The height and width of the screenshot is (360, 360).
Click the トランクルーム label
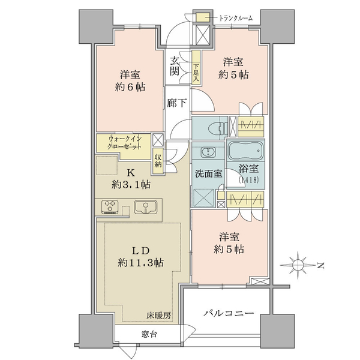(236, 18)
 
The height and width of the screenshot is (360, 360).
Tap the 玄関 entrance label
(174, 67)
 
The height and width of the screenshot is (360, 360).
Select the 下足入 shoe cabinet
(196, 67)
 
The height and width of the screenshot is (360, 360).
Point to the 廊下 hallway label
(176, 103)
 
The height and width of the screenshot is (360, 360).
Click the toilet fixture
(216, 128)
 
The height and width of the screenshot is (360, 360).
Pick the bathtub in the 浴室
(245, 151)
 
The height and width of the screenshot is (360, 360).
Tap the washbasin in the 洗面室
(208, 152)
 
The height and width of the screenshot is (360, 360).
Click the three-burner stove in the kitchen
(110, 207)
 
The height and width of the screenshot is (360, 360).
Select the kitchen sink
(146, 207)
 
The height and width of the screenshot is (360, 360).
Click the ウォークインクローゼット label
(125, 143)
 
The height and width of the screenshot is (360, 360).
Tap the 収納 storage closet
(158, 161)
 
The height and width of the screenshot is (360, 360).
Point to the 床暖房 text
(158, 316)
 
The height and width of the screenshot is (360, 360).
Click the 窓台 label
(149, 334)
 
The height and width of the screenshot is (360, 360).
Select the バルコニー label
(229, 313)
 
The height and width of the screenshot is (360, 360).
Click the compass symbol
(298, 265)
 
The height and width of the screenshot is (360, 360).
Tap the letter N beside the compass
(321, 266)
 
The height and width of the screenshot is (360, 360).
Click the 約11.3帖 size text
(140, 262)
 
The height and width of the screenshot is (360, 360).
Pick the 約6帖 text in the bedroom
(130, 87)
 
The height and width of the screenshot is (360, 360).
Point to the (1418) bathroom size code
(249, 179)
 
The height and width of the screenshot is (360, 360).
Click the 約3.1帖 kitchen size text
(131, 184)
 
